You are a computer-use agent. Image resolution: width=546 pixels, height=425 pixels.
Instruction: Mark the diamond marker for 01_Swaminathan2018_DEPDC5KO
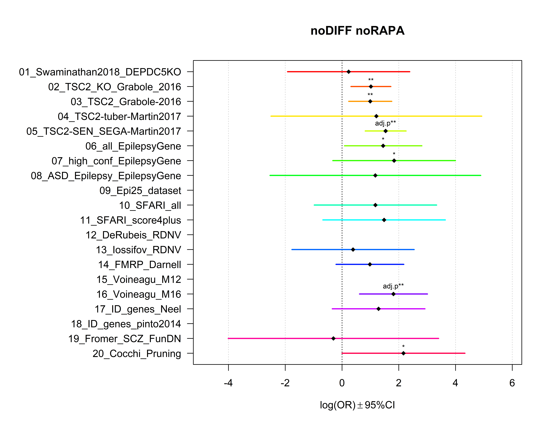(x=349, y=72)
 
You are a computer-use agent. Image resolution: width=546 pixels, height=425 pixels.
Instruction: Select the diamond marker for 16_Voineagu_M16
(x=393, y=294)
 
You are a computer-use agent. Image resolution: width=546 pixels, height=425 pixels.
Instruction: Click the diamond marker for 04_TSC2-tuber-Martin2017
(x=376, y=116)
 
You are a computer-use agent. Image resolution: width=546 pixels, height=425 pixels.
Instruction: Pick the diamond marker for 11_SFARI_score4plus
(x=384, y=220)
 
